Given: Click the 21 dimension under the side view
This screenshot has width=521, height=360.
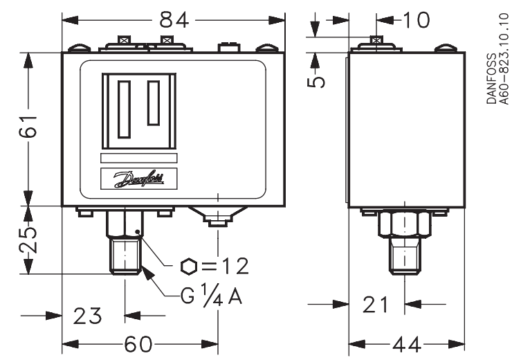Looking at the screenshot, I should tap(376, 304).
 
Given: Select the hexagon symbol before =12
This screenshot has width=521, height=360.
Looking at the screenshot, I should tap(188, 266).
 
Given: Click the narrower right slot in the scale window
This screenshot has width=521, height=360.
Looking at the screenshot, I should tap(153, 102).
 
